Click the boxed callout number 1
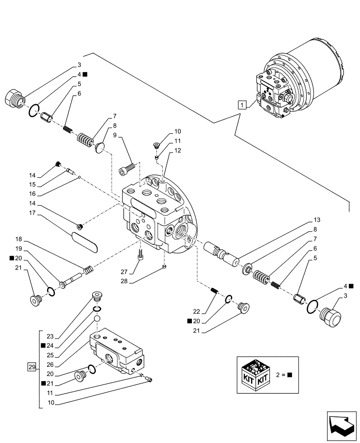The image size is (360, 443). point(242,105)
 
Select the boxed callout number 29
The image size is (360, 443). point(31,366)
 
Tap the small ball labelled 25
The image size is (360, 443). point(97,319)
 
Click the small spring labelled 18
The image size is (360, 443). point(88,270)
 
